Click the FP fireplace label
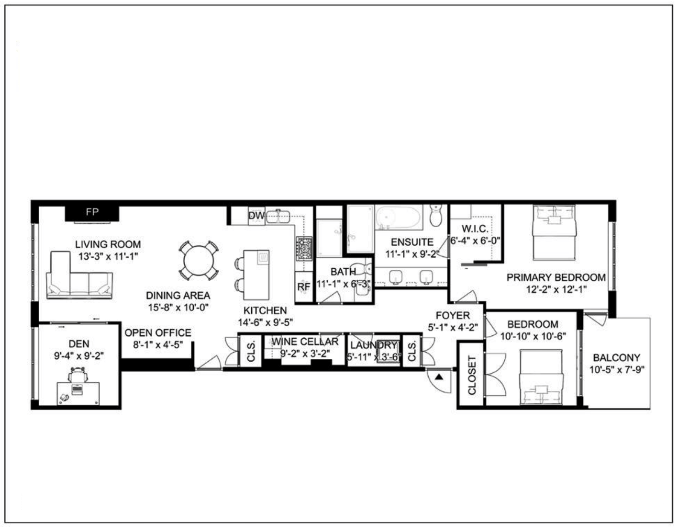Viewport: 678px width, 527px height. (x=92, y=212)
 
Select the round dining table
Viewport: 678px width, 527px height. (x=199, y=261)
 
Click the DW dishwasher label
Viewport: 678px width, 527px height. (x=256, y=216)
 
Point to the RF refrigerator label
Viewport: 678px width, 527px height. (x=304, y=286)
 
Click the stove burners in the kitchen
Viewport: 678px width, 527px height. (x=303, y=248)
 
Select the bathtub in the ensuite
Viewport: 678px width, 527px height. (x=398, y=218)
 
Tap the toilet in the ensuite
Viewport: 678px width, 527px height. (x=436, y=216)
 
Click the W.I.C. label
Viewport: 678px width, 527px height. (x=475, y=229)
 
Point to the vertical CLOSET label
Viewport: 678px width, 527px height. (x=472, y=375)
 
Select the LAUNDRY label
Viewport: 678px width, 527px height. (x=374, y=345)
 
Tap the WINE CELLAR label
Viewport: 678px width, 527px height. (x=305, y=342)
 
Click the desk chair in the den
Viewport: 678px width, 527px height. (x=78, y=375)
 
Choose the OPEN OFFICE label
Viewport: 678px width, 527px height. (x=158, y=332)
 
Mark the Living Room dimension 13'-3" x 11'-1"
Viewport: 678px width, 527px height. (x=108, y=256)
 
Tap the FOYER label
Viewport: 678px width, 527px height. (x=453, y=315)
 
